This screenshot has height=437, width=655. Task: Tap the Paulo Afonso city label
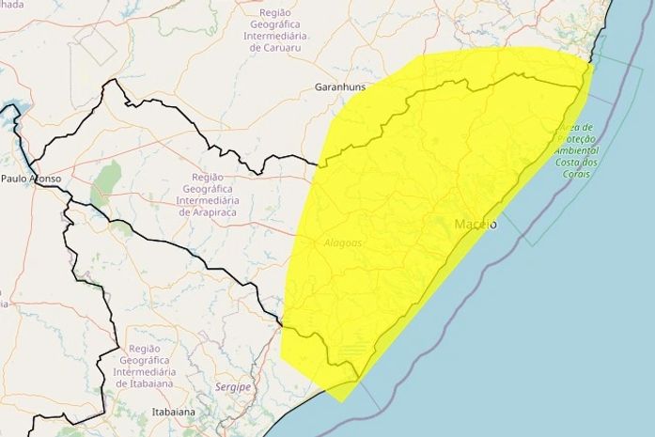[x=31, y=178]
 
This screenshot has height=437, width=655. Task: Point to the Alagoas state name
[x=343, y=242]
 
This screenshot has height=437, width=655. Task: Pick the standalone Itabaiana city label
[x=173, y=413]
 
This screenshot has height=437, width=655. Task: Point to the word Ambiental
[x=576, y=151]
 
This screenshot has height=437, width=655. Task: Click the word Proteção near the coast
[x=575, y=139]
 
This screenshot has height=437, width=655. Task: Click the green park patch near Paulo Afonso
[x=105, y=183]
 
